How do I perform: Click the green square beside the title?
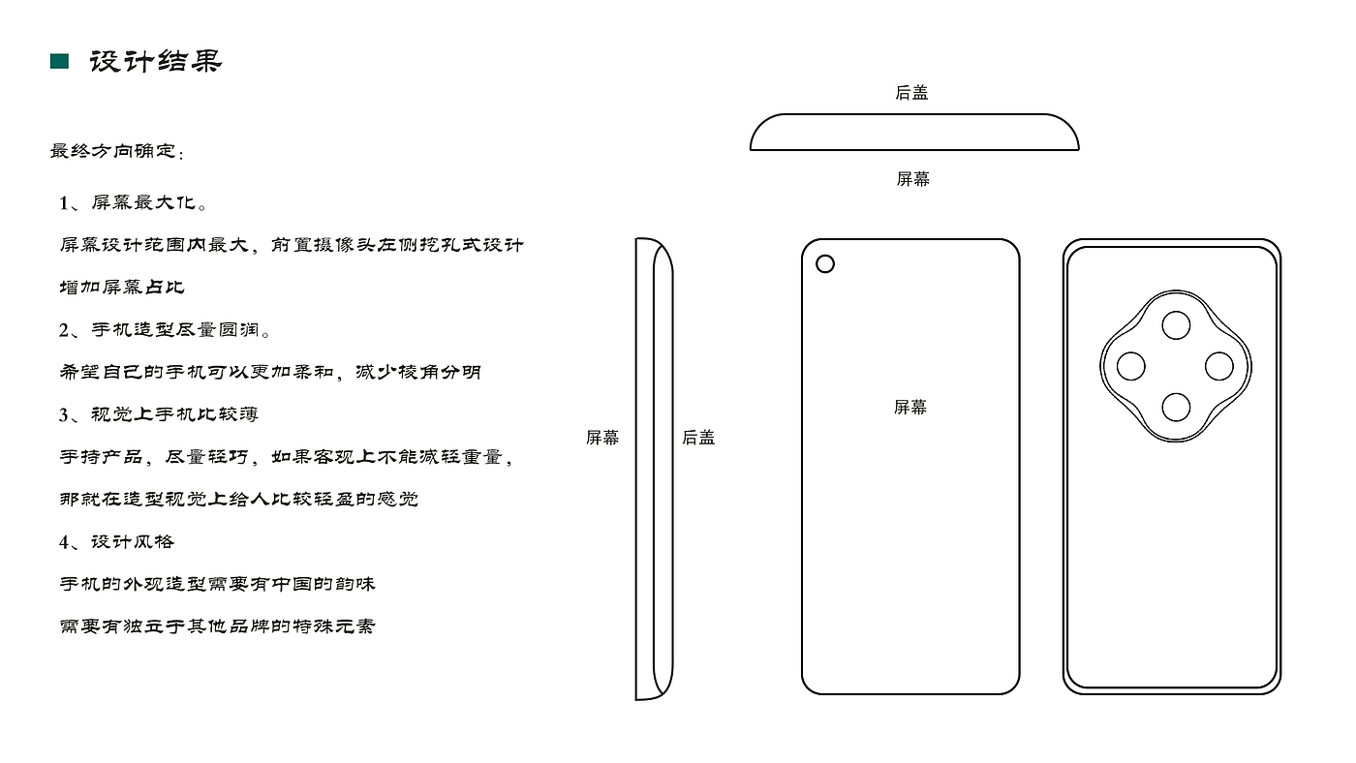(59, 62)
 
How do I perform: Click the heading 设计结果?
(156, 62)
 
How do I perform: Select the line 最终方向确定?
(117, 152)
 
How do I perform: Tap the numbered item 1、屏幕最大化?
(134, 203)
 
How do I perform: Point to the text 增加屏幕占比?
(122, 288)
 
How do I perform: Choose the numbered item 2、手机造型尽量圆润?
(166, 330)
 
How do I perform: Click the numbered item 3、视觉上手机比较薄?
(159, 414)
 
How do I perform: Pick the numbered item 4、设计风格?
(117, 541)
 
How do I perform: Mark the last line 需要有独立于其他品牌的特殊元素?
(218, 626)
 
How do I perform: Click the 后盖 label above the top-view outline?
(911, 93)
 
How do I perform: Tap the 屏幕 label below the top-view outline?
(912, 179)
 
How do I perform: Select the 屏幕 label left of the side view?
(602, 438)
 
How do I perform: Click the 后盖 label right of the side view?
(698, 438)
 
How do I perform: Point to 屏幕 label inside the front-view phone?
(910, 408)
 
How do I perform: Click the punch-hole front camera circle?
(825, 263)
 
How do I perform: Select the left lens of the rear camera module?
(1131, 367)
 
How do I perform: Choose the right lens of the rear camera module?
(1219, 367)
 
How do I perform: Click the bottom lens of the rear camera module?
(1176, 408)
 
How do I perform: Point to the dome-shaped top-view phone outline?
(914, 134)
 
